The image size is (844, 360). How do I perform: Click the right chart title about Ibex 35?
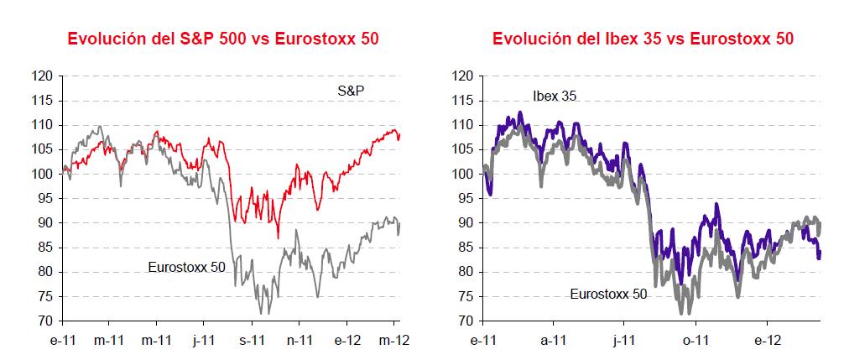[x=643, y=39]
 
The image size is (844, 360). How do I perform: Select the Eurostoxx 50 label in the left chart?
[x=186, y=267]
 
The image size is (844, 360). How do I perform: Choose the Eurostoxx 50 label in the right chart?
[x=608, y=294]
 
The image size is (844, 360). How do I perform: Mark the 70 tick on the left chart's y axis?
[x=47, y=321]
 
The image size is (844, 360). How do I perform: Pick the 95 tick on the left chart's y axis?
[x=47, y=199]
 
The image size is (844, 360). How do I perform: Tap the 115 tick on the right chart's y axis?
[x=465, y=101]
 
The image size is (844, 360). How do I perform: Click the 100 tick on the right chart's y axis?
[x=465, y=175]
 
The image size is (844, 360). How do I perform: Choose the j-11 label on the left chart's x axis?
[x=204, y=340]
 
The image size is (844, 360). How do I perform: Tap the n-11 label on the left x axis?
[x=300, y=340]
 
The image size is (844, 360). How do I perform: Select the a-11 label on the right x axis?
[x=553, y=340]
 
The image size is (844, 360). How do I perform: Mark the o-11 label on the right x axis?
[x=696, y=340]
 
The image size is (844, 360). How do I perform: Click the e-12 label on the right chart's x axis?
[x=767, y=340]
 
